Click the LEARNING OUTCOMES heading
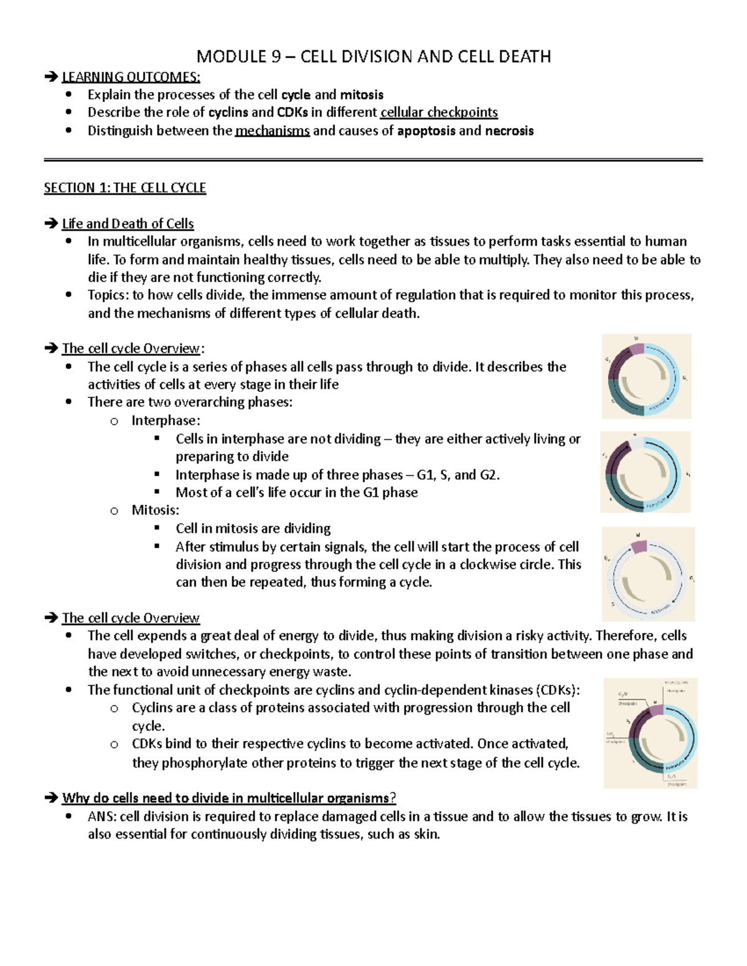pyautogui.click(x=131, y=77)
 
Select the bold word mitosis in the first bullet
pyautogui.click(x=362, y=95)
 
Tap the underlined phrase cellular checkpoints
pyautogui.click(x=439, y=113)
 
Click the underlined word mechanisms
pyautogui.click(x=272, y=131)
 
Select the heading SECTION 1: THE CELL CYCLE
pyautogui.click(x=125, y=188)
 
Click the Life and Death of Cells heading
pyautogui.click(x=128, y=224)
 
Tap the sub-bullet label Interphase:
pyautogui.click(x=166, y=421)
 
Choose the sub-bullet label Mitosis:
pyautogui.click(x=155, y=511)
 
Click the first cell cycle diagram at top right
pyautogui.click(x=646, y=376)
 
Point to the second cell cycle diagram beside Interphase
pyautogui.click(x=645, y=472)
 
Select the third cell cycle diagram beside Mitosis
pyautogui.click(x=648, y=574)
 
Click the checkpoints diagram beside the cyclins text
pyautogui.click(x=651, y=733)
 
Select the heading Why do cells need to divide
pyautogui.click(x=228, y=799)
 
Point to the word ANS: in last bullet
pyautogui.click(x=102, y=817)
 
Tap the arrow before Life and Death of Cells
pyautogui.click(x=51, y=224)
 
